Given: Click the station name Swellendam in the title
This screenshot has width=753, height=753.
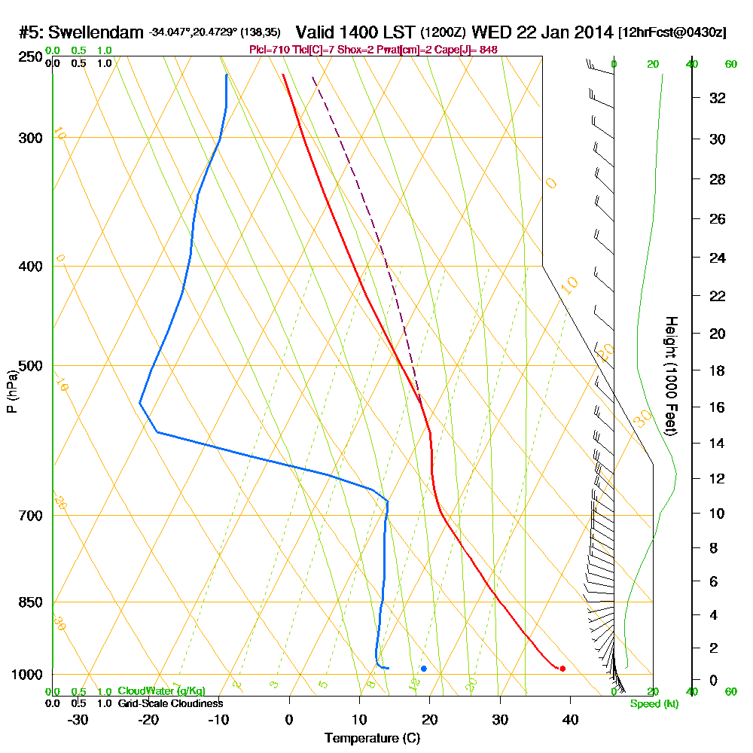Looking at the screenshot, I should (x=96, y=32).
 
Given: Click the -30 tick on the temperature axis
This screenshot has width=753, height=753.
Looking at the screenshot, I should (x=78, y=719).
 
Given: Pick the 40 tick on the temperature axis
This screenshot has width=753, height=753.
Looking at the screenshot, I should (x=570, y=719).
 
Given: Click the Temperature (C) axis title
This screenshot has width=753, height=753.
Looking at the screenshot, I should (x=372, y=739).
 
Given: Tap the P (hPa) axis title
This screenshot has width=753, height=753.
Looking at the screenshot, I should (x=11, y=391).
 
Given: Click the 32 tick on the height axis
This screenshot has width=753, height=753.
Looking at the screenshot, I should (x=718, y=98).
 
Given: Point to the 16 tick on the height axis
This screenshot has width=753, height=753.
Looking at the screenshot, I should (x=718, y=407).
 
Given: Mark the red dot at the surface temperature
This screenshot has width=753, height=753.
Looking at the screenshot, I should (x=562, y=669).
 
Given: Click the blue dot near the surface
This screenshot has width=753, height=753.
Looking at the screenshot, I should (x=424, y=669).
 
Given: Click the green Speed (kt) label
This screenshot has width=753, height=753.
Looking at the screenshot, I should (x=654, y=704).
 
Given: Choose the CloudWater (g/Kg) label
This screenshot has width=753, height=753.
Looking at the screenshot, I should (x=161, y=691).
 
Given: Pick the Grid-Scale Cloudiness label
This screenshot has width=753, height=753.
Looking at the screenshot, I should (x=169, y=703).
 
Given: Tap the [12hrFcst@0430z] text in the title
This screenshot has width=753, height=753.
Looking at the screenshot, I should (x=672, y=32).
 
